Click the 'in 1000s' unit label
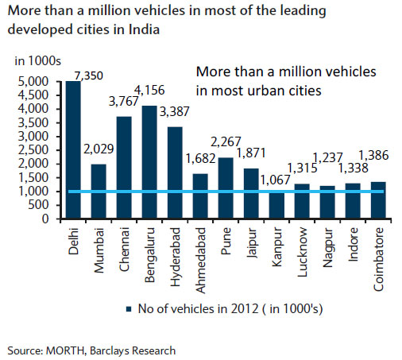tap(32, 60)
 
